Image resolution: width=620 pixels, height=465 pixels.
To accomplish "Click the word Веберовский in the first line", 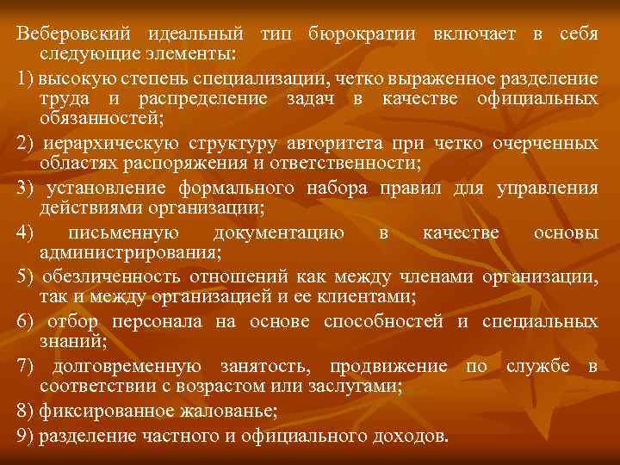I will (72, 34).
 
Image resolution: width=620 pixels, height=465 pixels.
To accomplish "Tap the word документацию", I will (279, 232).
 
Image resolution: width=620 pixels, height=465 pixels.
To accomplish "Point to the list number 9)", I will (27, 436).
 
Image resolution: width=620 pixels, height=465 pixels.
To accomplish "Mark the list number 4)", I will (27, 232).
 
